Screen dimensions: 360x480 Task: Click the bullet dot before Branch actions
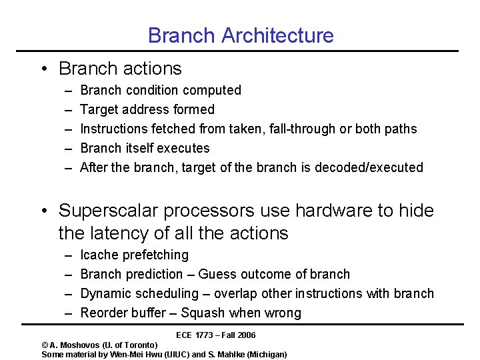(43, 69)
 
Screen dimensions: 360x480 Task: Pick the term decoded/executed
(373, 167)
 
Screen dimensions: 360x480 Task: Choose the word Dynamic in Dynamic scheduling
(105, 293)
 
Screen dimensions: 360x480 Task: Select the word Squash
(203, 313)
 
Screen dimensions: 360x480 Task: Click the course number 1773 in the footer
(205, 335)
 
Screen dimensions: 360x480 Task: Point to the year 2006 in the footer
(245, 335)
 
